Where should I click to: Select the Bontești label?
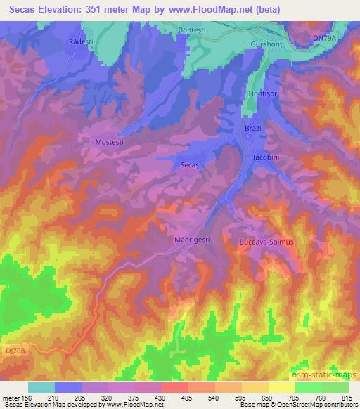[192, 31]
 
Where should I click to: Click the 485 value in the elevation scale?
[174, 398]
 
